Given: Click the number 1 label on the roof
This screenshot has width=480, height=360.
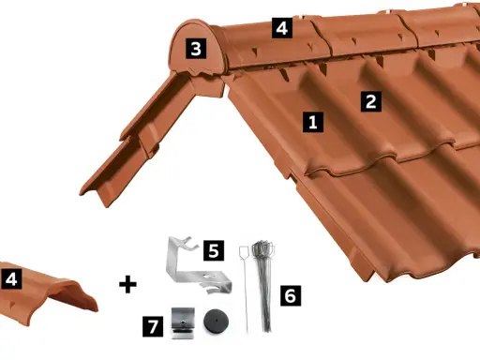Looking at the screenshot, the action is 313,122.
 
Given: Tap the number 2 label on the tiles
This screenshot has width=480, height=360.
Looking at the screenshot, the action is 371,101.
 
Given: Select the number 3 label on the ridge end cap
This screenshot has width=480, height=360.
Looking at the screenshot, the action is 196,49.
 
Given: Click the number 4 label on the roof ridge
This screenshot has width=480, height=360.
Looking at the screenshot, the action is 282,28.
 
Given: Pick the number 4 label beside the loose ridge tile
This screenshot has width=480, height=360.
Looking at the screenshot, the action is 11,278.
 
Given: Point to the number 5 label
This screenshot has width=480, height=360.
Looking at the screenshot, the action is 214,250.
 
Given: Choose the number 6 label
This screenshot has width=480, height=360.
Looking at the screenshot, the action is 291,295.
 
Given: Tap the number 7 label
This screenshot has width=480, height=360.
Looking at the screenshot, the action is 153,326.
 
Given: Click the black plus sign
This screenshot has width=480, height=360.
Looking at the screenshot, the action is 127,284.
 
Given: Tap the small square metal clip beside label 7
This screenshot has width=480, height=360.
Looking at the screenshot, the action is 183,323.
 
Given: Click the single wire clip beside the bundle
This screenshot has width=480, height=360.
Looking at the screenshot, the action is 245,289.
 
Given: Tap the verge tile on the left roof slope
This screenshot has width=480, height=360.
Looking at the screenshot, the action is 138,138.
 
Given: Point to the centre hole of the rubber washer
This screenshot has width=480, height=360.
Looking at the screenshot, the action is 216,321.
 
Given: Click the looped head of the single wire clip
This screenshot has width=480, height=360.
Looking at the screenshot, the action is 244,252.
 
